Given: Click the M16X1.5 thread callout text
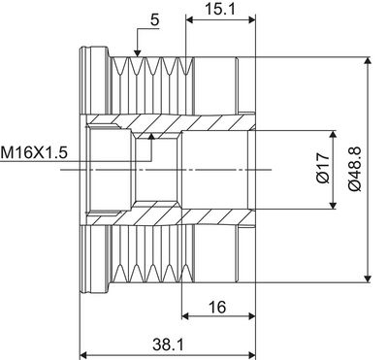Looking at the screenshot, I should pyautogui.click(x=36, y=152).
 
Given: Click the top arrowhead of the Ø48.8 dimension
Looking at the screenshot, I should pyautogui.click(x=367, y=62).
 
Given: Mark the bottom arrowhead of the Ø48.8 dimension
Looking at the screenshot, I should pyautogui.click(x=367, y=279).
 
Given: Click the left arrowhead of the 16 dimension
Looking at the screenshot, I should pyautogui.click(x=187, y=318).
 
